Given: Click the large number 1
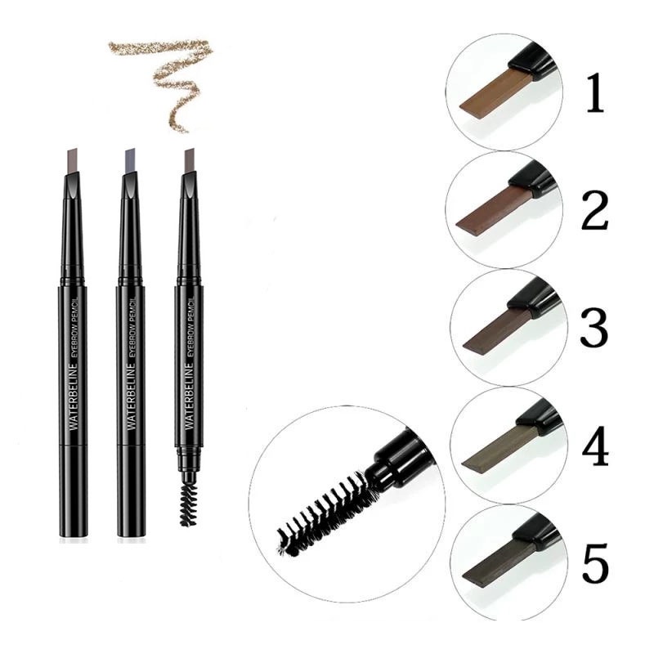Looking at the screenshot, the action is click(595, 92).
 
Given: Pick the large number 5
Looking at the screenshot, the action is click(596, 563).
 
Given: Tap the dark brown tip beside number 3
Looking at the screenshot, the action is click(499, 330).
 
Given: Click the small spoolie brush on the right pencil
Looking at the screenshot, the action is click(188, 504).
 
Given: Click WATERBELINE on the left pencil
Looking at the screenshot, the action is click(74, 396).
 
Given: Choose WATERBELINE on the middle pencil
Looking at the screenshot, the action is click(132, 396).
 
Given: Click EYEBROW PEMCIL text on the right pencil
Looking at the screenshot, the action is click(192, 326).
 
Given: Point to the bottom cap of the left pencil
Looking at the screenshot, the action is click(74, 491).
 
